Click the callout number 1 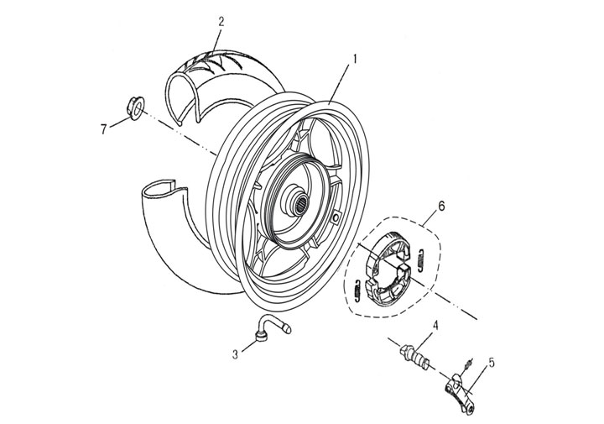(355, 60)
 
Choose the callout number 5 (492, 363)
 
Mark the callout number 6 (441, 205)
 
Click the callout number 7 (104, 128)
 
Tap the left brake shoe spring (357, 288)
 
